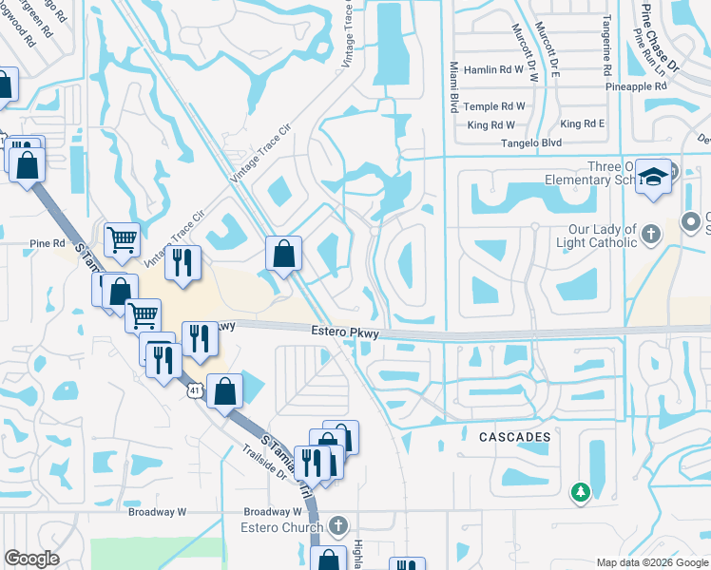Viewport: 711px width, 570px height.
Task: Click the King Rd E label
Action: click(583, 124)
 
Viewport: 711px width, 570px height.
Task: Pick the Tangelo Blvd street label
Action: click(531, 143)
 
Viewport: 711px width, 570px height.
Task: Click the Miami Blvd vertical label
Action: click(454, 88)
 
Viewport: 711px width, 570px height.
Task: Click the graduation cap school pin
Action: click(653, 177)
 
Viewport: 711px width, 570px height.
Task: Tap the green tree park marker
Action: click(580, 492)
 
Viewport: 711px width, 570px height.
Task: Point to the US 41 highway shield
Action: click(194, 390)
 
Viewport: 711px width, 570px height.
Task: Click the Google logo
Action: click(31, 559)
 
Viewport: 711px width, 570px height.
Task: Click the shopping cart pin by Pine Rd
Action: click(123, 241)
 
